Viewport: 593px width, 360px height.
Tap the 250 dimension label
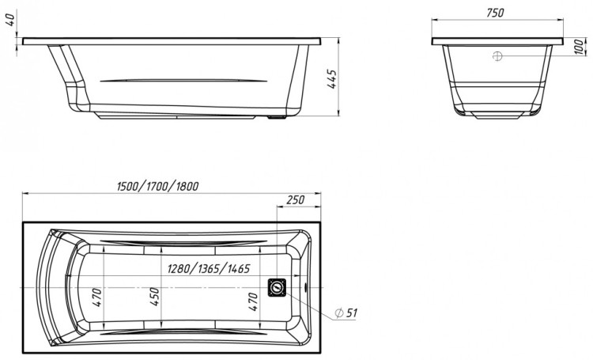[294, 200]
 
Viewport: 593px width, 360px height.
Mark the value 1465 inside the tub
[237, 269]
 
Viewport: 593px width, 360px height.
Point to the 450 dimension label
[156, 297]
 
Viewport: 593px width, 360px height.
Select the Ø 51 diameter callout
[346, 313]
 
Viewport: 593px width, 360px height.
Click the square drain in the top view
[278, 286]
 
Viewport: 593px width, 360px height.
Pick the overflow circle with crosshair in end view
[497, 56]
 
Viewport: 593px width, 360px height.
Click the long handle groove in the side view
[180, 80]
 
